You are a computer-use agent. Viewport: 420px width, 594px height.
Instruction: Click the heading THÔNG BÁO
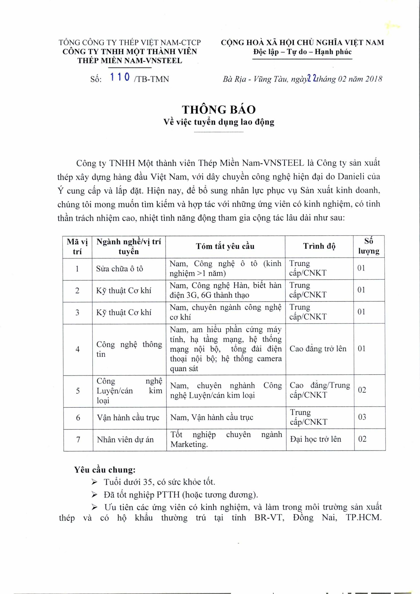pyautogui.click(x=219, y=110)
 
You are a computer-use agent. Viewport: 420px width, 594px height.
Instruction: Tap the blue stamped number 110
pyautogui.click(x=120, y=77)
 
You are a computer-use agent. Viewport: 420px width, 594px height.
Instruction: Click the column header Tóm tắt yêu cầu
pyautogui.click(x=225, y=246)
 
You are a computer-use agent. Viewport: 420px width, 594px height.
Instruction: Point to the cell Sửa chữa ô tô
pyautogui.click(x=119, y=269)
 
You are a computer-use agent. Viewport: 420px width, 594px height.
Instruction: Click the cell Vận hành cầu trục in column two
pyautogui.click(x=128, y=417)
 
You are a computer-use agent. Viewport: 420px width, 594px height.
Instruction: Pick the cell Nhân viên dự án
pyautogui.click(x=125, y=440)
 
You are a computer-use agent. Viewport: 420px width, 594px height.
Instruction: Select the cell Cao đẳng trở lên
pyautogui.click(x=318, y=349)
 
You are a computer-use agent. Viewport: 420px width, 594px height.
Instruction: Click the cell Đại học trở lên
pyautogui.click(x=315, y=439)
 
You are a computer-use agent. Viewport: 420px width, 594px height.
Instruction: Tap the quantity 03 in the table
pyautogui.click(x=362, y=417)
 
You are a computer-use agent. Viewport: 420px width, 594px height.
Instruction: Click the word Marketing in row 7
pyautogui.click(x=189, y=444)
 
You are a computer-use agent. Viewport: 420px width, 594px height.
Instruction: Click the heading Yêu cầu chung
pyautogui.click(x=105, y=470)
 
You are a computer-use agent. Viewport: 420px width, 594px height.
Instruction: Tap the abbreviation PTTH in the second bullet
pyautogui.click(x=168, y=495)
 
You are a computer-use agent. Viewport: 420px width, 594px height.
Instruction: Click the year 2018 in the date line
pyautogui.click(x=374, y=79)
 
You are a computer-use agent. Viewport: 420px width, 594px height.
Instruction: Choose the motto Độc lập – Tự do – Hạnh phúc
pyautogui.click(x=302, y=52)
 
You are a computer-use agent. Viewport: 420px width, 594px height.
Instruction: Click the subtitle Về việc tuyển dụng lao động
pyautogui.click(x=219, y=122)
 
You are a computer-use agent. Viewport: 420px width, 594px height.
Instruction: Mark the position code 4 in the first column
pyautogui.click(x=77, y=349)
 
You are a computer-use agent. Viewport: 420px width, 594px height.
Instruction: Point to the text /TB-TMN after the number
pyautogui.click(x=152, y=79)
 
